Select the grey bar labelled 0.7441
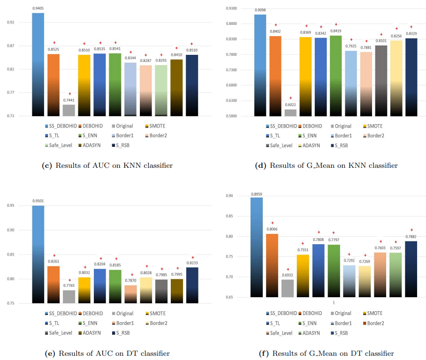coord(68,110)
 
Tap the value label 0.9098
coord(260,10)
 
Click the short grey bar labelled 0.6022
coord(290,112)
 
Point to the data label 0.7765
coord(68,286)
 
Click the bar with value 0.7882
coord(411,269)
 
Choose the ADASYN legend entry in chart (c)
coord(93,145)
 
